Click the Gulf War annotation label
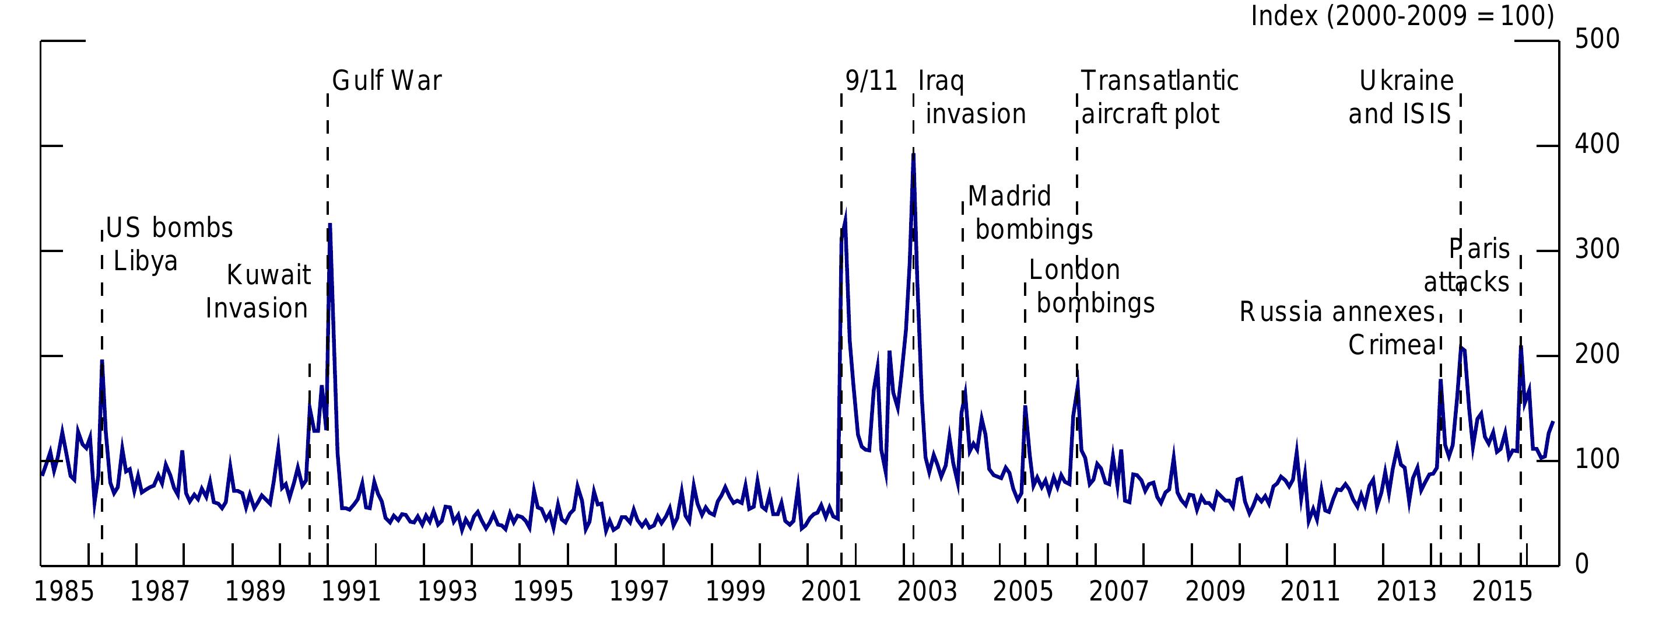[387, 82]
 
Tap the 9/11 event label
[871, 82]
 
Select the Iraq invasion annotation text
[971, 98]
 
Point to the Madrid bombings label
[1029, 213]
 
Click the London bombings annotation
[1090, 287]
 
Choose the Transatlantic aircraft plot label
[1159, 98]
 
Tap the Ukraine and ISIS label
[1401, 98]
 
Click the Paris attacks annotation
[1468, 266]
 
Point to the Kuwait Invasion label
[258, 292]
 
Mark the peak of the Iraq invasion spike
[913, 155]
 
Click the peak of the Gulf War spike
[329, 225]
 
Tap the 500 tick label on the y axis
[1597, 40]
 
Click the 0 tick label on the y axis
[1583, 565]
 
